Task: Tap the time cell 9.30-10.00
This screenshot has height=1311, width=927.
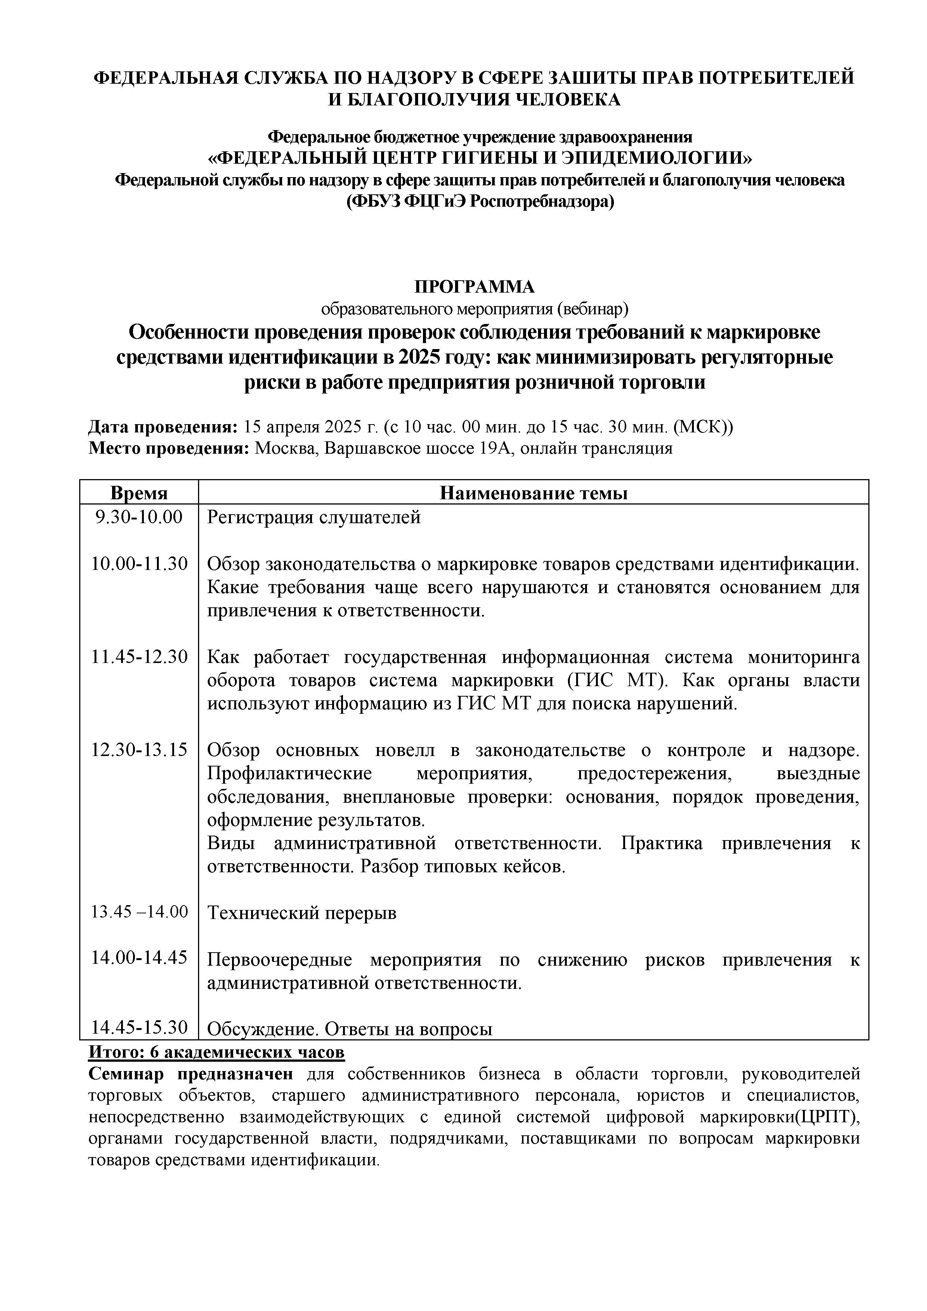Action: coord(139,517)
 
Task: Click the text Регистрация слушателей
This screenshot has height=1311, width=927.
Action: coord(313,517)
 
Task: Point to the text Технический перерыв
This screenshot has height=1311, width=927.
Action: coord(302,913)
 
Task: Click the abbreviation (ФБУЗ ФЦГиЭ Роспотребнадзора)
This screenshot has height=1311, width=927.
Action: coord(481,201)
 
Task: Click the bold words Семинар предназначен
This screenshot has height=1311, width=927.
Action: coord(191,1074)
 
